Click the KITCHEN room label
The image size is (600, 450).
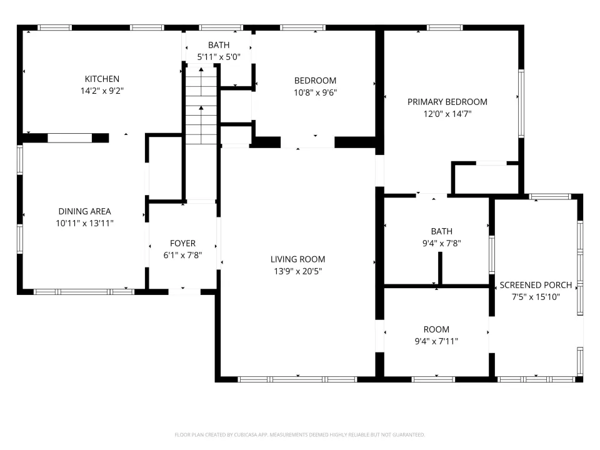click(102, 79)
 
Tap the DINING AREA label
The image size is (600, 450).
click(84, 211)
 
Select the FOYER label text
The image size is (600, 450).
click(183, 243)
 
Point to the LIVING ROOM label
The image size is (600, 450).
click(297, 259)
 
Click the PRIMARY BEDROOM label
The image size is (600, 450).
click(447, 102)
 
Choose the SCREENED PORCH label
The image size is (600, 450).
click(536, 285)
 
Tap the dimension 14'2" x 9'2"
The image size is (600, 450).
click(102, 91)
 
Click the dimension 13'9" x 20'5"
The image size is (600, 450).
click(297, 271)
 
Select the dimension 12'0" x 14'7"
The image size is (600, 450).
click(447, 114)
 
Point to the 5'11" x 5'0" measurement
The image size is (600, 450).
click(219, 57)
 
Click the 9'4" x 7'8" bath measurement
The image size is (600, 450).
click(442, 243)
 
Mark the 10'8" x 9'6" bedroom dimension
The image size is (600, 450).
click(315, 92)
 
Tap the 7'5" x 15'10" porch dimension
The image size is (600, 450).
click(536, 297)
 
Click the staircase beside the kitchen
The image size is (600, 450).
click(201, 105)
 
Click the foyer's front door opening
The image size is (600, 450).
click(184, 292)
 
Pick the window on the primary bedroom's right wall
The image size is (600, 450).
click(521, 103)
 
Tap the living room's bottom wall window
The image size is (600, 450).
click(297, 379)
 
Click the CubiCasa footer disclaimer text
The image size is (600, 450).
click(299, 435)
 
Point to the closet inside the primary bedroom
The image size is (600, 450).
click(485, 179)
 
